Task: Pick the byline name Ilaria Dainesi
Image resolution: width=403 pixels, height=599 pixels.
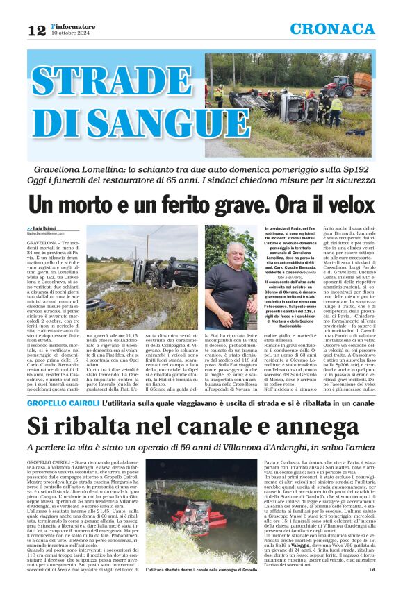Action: (x=46, y=228)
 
